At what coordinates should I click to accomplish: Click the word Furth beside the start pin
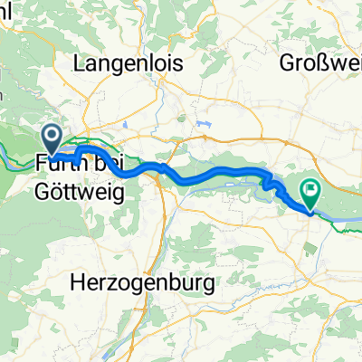[x=56, y=166]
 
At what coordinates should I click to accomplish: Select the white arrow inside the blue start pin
[x=52, y=138]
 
